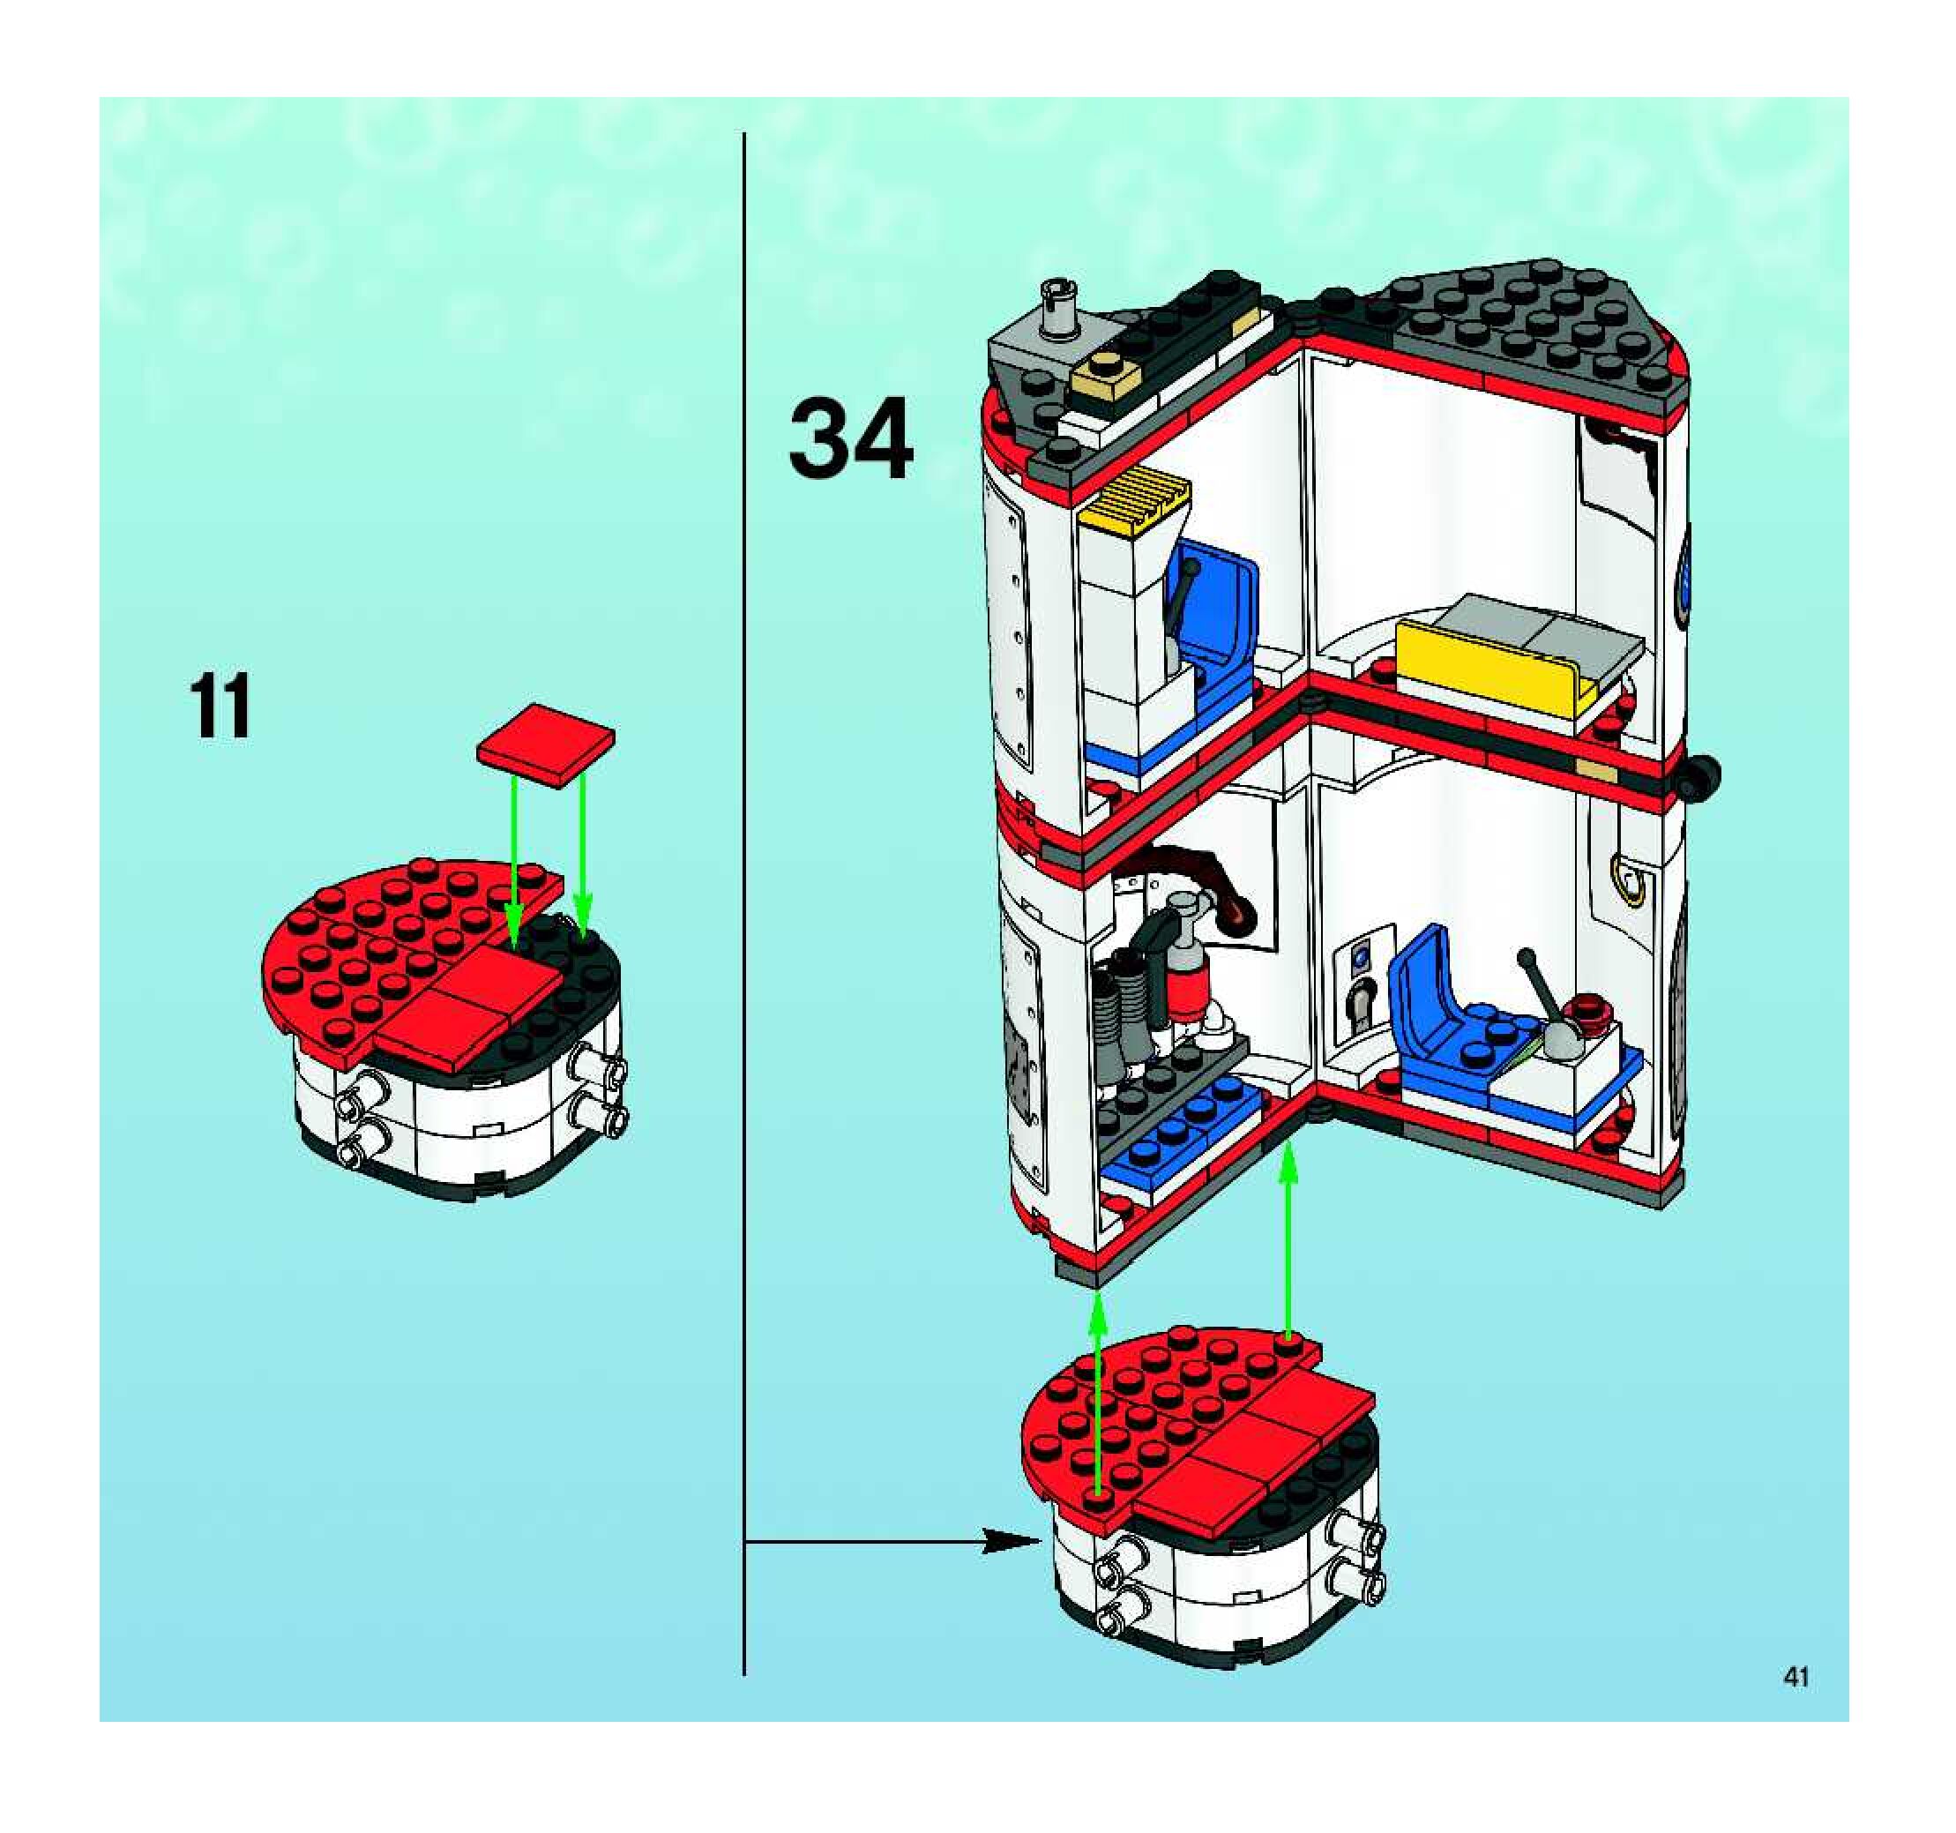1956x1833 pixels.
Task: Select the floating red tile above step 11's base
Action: click(x=545, y=744)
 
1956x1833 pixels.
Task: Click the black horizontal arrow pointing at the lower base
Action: click(x=885, y=1542)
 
